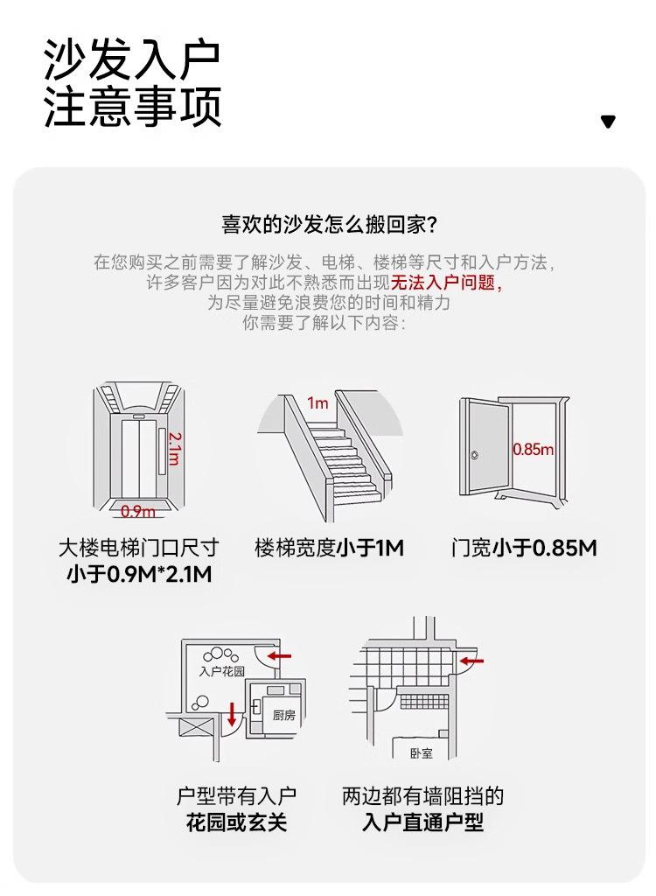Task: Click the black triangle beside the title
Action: coord(608,122)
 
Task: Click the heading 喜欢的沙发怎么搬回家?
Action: coord(329,224)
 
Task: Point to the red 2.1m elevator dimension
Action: coord(174,449)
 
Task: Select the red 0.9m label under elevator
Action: coord(137,511)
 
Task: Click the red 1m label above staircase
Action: coord(318,403)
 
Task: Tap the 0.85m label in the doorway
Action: coord(533,449)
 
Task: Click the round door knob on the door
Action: coord(474,455)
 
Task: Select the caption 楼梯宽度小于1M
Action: coord(329,548)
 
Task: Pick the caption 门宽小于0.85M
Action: coord(523,548)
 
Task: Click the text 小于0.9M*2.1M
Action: coord(139,574)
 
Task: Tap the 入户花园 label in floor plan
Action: coord(221,671)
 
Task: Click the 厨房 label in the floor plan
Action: coord(283,715)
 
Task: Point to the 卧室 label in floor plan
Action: coord(421,753)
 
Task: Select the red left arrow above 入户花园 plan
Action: coord(279,655)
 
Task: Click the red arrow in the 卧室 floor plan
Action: coord(472,661)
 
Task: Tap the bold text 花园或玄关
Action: coord(236,822)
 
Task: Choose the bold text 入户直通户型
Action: coord(422,822)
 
